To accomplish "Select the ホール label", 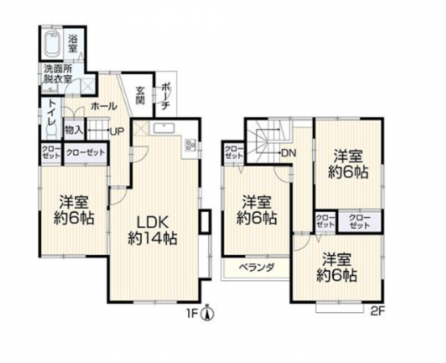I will [x=102, y=106].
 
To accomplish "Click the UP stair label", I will [x=116, y=131].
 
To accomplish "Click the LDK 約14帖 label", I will [x=152, y=229].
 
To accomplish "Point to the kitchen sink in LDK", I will [x=161, y=127].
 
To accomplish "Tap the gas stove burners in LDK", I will [x=190, y=145].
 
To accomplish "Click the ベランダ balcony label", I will [x=257, y=268].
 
